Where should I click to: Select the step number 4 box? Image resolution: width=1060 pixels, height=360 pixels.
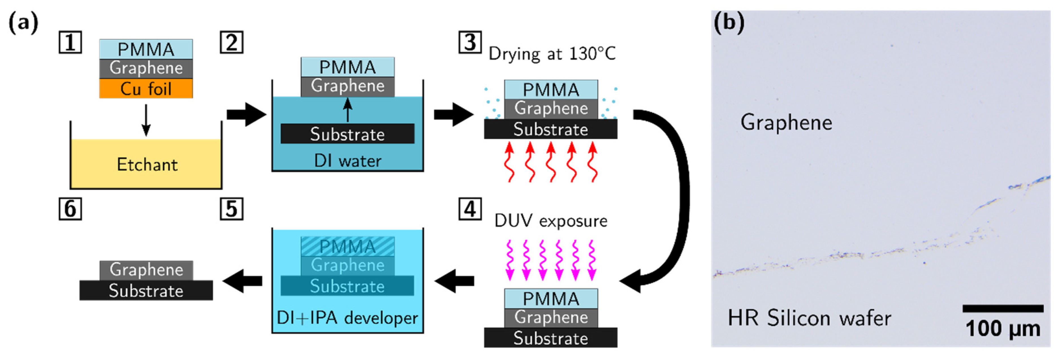pyautogui.click(x=470, y=210)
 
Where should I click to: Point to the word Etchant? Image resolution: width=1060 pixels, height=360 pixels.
pyautogui.click(x=147, y=165)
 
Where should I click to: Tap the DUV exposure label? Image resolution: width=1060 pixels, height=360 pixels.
pyautogui.click(x=550, y=221)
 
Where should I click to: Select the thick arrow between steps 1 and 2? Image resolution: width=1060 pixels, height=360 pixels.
pyautogui.click(x=246, y=114)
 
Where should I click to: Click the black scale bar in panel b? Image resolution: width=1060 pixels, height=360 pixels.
pyautogui.click(x=1003, y=309)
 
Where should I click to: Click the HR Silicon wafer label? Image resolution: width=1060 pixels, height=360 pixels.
pyautogui.click(x=809, y=318)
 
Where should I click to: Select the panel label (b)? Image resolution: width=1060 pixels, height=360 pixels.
pyautogui.click(x=729, y=23)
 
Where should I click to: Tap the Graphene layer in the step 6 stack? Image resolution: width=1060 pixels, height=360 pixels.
pyautogui.click(x=146, y=270)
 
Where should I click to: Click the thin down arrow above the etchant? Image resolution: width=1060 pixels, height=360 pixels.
pyautogui.click(x=146, y=120)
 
